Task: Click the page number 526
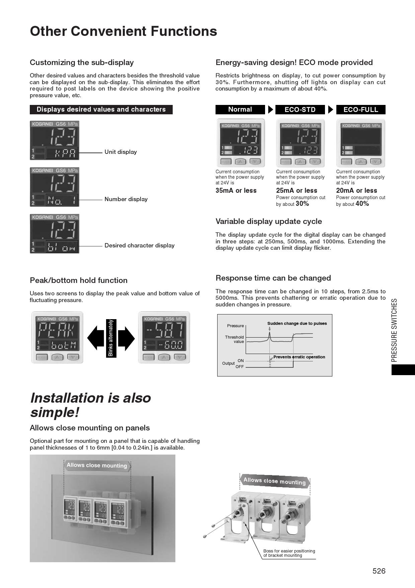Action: [379, 571]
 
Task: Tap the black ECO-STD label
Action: [300, 110]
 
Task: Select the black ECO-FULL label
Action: [360, 110]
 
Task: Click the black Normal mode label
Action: [240, 109]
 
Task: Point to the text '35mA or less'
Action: [236, 190]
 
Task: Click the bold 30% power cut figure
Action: [302, 203]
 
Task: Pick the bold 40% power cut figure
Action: [362, 203]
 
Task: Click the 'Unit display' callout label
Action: [120, 152]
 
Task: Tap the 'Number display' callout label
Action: [126, 199]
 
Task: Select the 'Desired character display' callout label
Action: [139, 245]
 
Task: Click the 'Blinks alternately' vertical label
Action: [111, 338]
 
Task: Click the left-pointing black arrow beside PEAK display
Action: [95, 338]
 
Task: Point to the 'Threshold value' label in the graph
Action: [234, 339]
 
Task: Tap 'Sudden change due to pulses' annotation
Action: [297, 324]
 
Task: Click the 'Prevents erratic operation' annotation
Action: [299, 357]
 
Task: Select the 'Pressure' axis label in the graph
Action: [235, 326]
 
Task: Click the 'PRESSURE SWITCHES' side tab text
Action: [394, 330]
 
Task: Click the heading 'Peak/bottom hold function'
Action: [79, 280]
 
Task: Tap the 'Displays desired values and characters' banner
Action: [101, 109]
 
